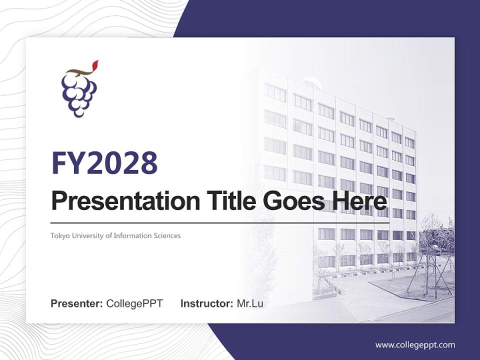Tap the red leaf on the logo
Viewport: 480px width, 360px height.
95,65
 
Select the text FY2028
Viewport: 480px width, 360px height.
104,163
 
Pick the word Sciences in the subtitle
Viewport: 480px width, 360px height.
167,235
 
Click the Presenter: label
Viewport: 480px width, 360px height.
77,303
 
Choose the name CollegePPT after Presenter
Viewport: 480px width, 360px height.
134,303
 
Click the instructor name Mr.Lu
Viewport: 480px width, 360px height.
250,303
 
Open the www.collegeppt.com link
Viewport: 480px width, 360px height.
415,345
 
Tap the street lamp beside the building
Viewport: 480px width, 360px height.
435,270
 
